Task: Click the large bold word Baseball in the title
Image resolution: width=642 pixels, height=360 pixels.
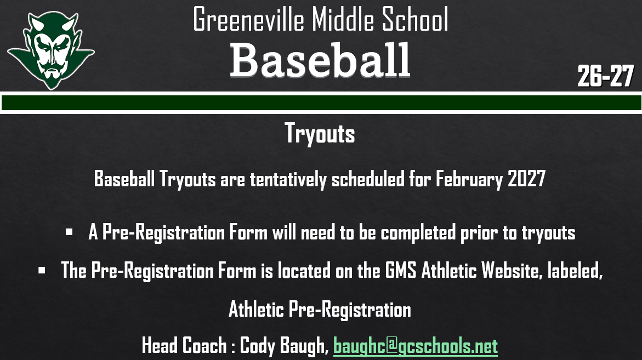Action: click(320, 60)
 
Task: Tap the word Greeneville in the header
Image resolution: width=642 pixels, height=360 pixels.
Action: click(249, 20)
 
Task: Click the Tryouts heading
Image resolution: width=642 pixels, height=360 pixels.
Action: click(320, 134)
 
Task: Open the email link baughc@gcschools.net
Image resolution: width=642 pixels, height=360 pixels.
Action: click(415, 346)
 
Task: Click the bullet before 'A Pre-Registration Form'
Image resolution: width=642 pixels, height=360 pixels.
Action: click(69, 232)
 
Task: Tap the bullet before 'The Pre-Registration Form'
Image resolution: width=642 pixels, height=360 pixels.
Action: click(42, 270)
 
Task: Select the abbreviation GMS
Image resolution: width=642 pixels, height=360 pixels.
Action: click(401, 270)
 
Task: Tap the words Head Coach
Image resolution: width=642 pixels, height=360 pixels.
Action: click(184, 346)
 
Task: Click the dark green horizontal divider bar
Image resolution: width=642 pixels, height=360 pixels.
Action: click(321, 102)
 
